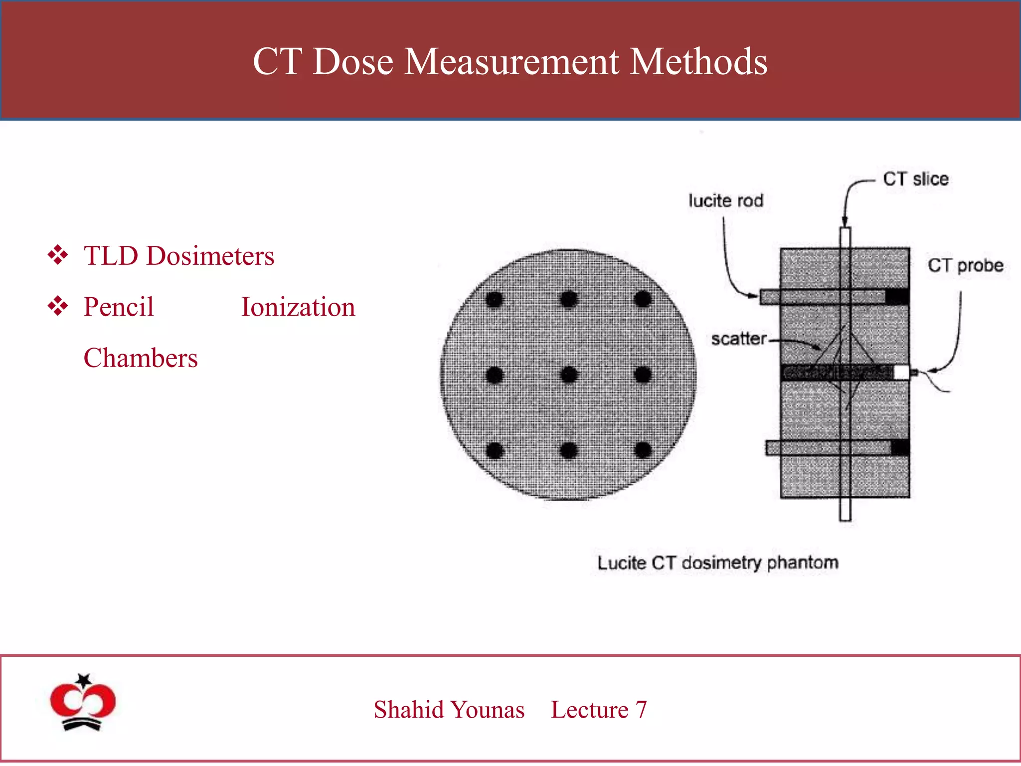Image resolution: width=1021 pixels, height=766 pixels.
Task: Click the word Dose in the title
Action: (x=353, y=62)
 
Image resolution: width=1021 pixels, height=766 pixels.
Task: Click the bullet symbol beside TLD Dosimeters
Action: (x=58, y=255)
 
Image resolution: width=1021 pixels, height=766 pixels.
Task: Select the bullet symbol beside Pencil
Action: (x=58, y=306)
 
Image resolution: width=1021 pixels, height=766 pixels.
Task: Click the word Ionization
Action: (x=298, y=307)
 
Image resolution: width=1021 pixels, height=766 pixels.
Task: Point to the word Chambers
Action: (x=141, y=358)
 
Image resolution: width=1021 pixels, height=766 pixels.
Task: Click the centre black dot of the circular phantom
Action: (x=569, y=375)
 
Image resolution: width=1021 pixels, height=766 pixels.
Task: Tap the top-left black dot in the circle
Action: (x=494, y=299)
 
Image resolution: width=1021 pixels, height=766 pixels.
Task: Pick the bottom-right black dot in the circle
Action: (x=643, y=450)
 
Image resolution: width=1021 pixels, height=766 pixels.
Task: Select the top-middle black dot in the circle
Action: (x=569, y=299)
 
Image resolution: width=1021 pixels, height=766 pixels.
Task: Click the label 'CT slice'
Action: (x=915, y=179)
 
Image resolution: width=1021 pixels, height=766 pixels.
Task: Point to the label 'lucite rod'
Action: (x=726, y=200)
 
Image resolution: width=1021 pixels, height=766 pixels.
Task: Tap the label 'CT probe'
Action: (x=965, y=265)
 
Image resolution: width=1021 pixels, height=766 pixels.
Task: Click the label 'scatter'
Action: (x=738, y=339)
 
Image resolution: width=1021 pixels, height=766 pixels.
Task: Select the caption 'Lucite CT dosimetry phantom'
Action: (x=718, y=563)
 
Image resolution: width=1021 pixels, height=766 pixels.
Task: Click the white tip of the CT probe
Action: (x=901, y=372)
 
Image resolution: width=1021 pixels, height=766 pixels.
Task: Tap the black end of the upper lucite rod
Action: (x=897, y=297)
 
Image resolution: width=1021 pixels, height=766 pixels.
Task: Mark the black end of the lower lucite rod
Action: (x=900, y=447)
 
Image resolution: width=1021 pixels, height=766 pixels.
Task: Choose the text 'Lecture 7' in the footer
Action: (x=599, y=710)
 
